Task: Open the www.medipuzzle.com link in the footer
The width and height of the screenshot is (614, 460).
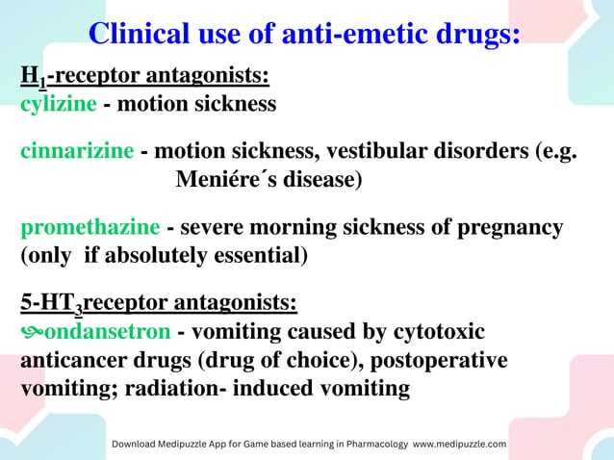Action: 459,444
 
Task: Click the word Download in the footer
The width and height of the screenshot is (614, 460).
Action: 141,444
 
